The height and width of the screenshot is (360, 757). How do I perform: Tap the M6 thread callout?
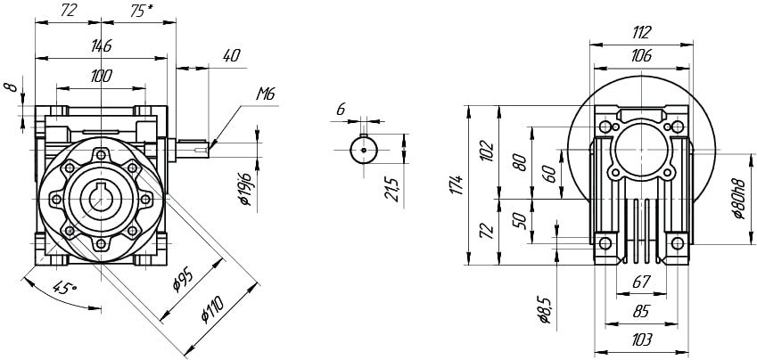266,93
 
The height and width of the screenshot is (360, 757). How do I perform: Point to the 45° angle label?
64,289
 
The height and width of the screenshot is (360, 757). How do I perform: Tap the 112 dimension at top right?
641,32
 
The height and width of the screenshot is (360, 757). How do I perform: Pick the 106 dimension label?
641,55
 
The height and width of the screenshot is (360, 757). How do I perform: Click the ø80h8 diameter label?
738,200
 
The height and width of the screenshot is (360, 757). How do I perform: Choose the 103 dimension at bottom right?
641,340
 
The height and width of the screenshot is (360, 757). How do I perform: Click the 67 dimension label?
641,282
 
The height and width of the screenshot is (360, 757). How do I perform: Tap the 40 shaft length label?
231,55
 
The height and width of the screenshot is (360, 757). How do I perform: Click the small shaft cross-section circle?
364,151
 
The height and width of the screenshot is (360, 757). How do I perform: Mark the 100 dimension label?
101,77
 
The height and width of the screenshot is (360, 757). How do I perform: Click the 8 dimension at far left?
11,89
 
